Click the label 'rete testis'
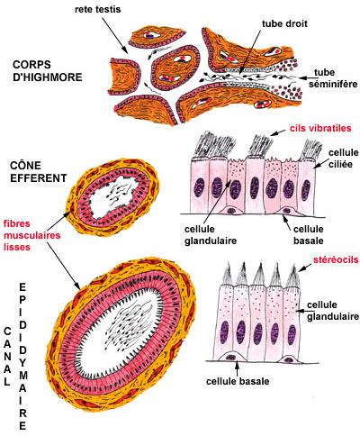pyautogui.click(x=97, y=9)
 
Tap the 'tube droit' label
pyautogui.click(x=284, y=23)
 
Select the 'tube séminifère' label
pyautogui.click(x=333, y=78)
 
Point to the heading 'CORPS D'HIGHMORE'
pyautogui.click(x=48, y=71)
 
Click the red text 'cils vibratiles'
pyautogui.click(x=320, y=128)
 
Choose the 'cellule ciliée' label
pyautogui.click(x=344, y=159)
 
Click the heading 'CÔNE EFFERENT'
pyautogui.click(x=38, y=171)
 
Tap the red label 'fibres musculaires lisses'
pyautogui.click(x=31, y=235)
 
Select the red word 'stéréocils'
pyautogui.click(x=336, y=259)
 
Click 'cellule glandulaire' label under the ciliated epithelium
pyautogui.click(x=211, y=235)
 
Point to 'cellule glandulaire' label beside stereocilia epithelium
pyautogui.click(x=333, y=311)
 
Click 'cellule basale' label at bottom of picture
pyautogui.click(x=238, y=381)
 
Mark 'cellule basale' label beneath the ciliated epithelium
pyautogui.click(x=309, y=235)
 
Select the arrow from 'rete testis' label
pyautogui.click(x=114, y=35)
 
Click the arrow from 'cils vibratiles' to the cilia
pyautogui.click(x=277, y=132)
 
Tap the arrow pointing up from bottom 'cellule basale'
pyautogui.click(x=238, y=368)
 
